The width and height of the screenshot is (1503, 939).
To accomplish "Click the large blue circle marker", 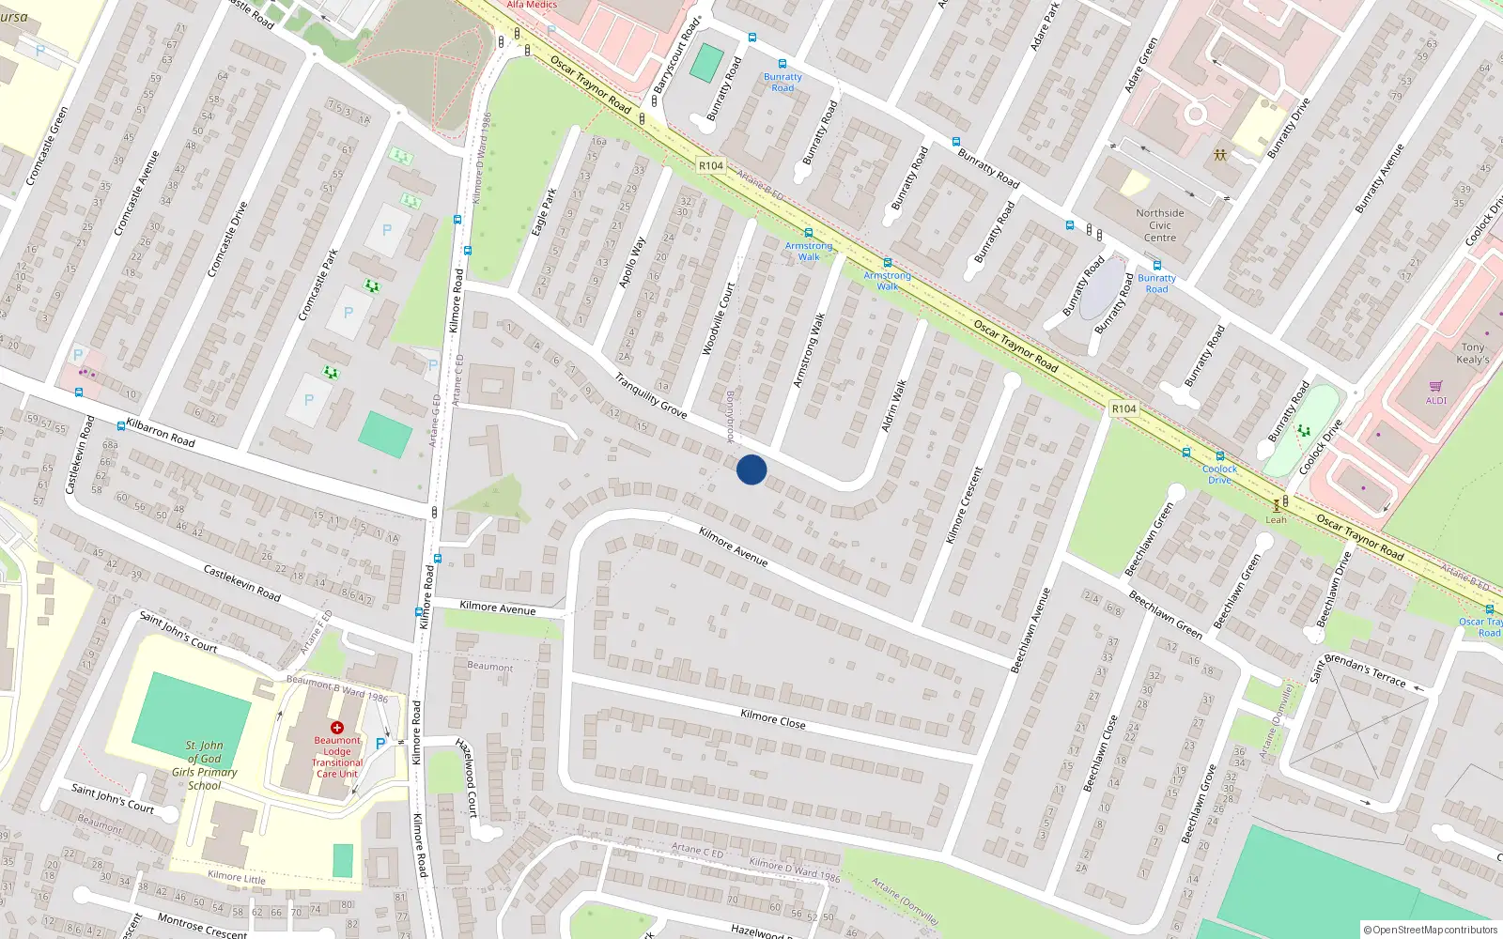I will click(x=751, y=469).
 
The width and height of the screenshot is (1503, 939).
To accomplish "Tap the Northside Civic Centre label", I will click(x=1160, y=225).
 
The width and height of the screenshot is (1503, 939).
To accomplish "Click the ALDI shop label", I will click(x=1436, y=401).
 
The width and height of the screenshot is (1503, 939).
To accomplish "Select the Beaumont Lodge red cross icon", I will click(x=337, y=727).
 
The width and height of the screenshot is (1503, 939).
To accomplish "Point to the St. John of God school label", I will click(x=204, y=765).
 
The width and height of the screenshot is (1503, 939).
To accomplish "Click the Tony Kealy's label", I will click(x=1472, y=353).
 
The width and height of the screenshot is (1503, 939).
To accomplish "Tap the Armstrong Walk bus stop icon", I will click(x=808, y=233).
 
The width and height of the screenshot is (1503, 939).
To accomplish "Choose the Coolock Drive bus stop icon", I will click(x=1219, y=456).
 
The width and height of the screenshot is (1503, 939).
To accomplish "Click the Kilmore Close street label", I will click(x=772, y=719).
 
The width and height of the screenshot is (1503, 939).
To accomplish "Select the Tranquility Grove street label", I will click(x=651, y=395).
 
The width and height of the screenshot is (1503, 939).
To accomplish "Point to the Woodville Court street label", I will click(x=719, y=319).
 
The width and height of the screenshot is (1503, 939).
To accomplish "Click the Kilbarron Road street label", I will click(x=161, y=433).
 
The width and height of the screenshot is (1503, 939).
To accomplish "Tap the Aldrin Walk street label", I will click(x=894, y=406).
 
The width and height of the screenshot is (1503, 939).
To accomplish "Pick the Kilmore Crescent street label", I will click(x=964, y=505).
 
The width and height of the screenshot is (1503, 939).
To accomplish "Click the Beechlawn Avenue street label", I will click(x=1030, y=630).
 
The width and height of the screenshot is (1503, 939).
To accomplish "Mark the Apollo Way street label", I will click(x=632, y=261).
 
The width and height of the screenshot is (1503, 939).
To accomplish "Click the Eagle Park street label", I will click(x=544, y=212).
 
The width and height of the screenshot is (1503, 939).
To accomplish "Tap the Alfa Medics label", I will click(x=532, y=5).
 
